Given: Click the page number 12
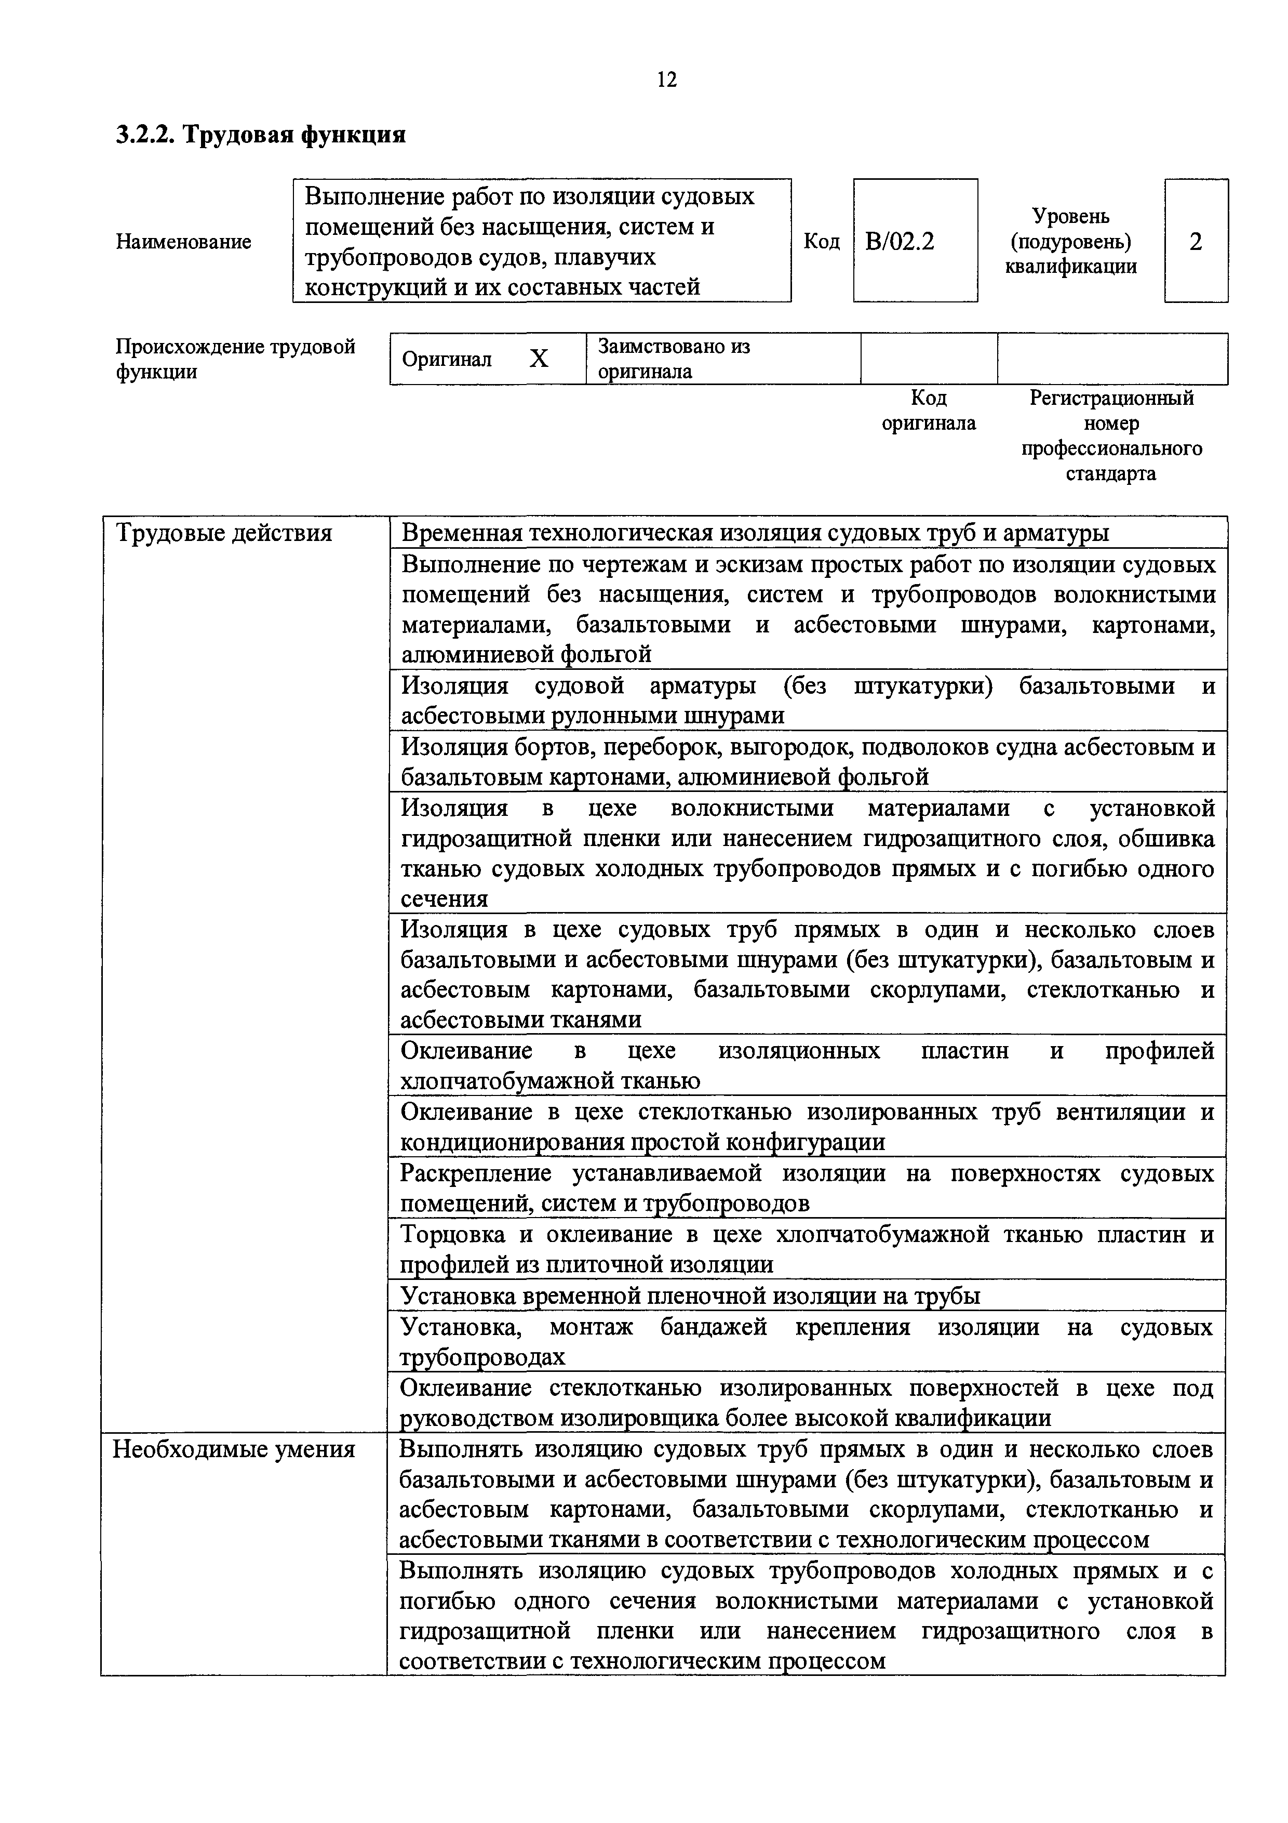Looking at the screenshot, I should coord(667,80).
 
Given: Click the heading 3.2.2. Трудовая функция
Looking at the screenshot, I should coord(261,135).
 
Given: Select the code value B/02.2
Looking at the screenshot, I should coord(900,241).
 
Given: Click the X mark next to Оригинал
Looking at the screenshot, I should coord(539,360).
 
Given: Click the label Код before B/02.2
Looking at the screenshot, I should coord(822,241).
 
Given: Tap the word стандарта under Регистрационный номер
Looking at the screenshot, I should coord(1111,474).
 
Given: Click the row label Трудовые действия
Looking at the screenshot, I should coord(224,533).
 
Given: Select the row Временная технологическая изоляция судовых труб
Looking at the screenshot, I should coord(754,533).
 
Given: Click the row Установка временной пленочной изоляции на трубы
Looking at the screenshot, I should coord(690,1297).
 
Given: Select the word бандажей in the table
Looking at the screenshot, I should coord(714,1328).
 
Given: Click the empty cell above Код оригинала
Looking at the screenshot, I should coord(929,359).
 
